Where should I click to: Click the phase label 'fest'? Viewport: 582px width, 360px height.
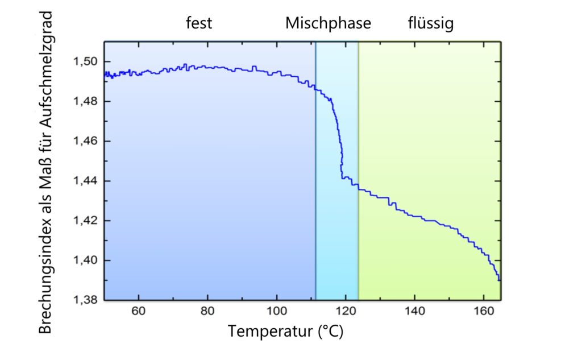(x=199, y=24)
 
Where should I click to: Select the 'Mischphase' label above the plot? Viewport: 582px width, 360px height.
(x=328, y=24)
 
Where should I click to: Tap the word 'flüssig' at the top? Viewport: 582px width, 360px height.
(x=431, y=24)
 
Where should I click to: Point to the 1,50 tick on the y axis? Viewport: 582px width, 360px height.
(x=85, y=61)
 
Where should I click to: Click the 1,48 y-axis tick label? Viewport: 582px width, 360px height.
(x=85, y=101)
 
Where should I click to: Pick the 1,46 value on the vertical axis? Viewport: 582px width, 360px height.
(x=85, y=141)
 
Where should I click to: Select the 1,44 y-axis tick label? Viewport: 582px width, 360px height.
(x=85, y=181)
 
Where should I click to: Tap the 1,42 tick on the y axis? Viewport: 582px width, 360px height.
(x=85, y=221)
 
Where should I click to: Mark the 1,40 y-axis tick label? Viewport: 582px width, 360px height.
(x=85, y=260)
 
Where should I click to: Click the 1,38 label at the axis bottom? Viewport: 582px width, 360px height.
(x=85, y=300)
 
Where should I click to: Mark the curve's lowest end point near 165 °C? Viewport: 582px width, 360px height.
(x=500, y=280)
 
